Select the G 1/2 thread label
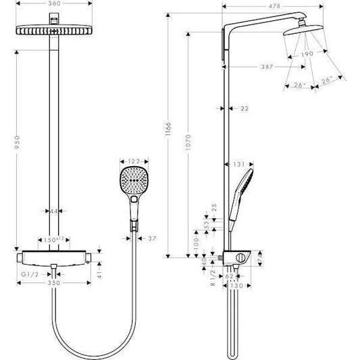tap(30, 275)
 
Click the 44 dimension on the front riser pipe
tap(54, 211)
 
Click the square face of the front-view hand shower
tap(132, 180)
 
